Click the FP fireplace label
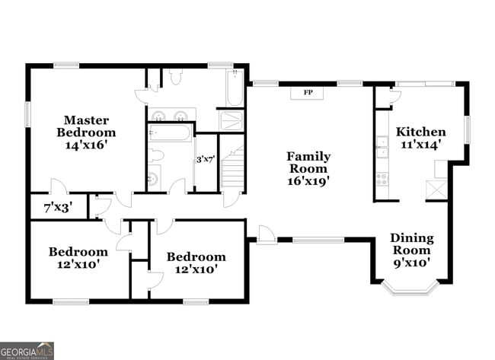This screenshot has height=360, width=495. click(x=308, y=93)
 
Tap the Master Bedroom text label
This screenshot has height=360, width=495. click(x=86, y=132)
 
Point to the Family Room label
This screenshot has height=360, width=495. click(x=308, y=168)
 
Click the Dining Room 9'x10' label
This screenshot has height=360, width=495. click(x=412, y=250)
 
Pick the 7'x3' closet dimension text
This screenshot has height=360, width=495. click(x=58, y=207)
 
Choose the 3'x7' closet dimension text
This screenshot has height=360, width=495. click(x=206, y=160)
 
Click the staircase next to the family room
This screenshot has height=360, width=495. click(x=232, y=169)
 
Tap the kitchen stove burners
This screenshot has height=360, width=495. click(x=382, y=180)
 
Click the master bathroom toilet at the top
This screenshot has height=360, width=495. click(x=175, y=75)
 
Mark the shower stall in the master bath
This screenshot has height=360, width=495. click(x=231, y=120)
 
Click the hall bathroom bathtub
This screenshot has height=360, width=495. click(x=171, y=134)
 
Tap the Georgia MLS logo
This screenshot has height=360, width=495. click(x=27, y=350)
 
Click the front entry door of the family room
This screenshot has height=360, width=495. click(x=266, y=235)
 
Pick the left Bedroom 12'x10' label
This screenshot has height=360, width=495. click(x=78, y=257)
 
